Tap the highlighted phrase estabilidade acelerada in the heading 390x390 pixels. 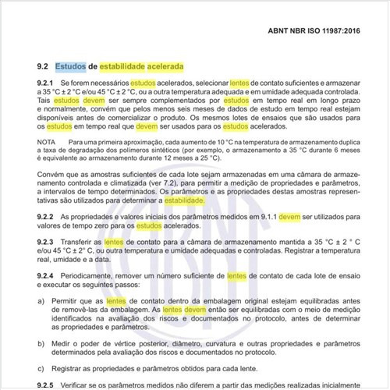[x=136, y=67]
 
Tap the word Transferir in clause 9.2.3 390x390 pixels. [x=76, y=243]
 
